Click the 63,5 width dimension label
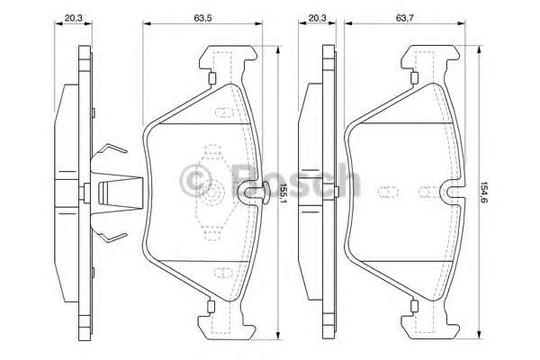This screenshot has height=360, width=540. [x=202, y=18]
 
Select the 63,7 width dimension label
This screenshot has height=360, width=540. [x=405, y=18]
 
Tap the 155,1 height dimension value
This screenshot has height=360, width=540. [x=283, y=193]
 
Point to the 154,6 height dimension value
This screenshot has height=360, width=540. [x=484, y=192]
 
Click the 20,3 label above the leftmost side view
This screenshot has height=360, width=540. [x=74, y=18]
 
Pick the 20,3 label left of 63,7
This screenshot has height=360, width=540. [x=317, y=18]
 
